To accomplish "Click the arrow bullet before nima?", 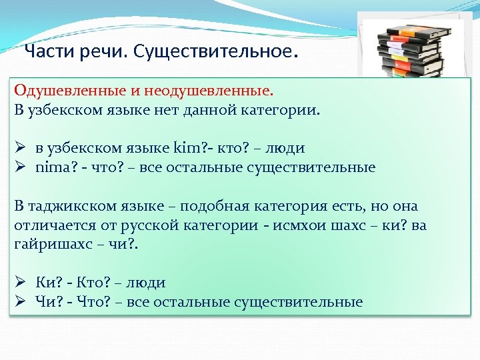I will [21, 167].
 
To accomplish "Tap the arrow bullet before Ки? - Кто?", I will [21, 283].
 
